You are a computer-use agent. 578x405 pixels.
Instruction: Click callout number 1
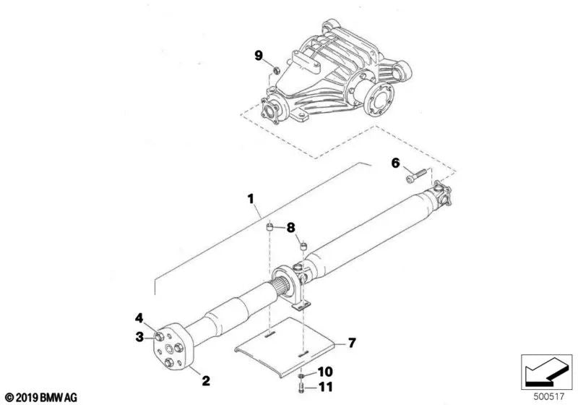point(251,199)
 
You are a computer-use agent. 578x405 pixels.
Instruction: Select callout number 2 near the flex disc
point(206,380)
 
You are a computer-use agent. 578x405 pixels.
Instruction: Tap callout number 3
point(139,337)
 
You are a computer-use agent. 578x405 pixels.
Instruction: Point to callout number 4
point(139,318)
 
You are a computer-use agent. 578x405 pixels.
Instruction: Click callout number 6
point(395,163)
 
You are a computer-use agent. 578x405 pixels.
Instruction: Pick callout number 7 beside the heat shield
point(352,343)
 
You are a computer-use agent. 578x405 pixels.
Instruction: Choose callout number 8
point(291,228)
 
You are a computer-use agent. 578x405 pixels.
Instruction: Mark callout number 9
point(259,56)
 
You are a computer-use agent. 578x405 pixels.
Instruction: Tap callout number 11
point(326,387)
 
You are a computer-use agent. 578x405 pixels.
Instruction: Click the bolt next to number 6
point(416,176)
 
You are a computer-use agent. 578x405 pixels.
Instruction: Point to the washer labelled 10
point(301,375)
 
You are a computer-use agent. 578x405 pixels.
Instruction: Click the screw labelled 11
point(301,388)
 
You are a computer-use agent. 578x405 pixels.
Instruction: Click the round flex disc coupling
point(172,346)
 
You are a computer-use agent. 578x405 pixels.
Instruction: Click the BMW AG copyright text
point(41,397)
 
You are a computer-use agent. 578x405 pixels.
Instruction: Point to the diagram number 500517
point(549,396)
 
